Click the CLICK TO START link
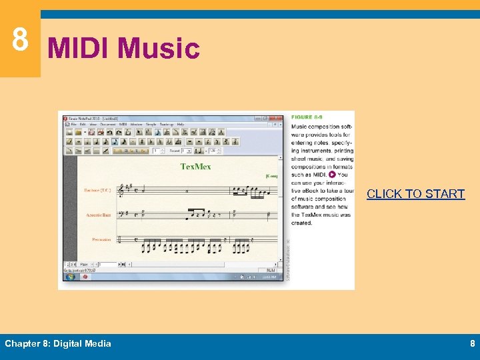tap(415, 194)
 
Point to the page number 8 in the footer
tap(472, 343)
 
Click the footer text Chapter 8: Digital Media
tap(58, 343)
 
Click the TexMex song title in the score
tap(195, 166)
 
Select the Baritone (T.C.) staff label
tap(97, 191)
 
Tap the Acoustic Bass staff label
tap(99, 215)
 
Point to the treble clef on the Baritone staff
tap(121, 191)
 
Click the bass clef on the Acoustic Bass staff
tap(121, 215)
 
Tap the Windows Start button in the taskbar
tap(71, 277)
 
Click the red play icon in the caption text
tap(332, 175)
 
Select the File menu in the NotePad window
tap(74, 124)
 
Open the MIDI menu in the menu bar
tap(123, 124)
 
